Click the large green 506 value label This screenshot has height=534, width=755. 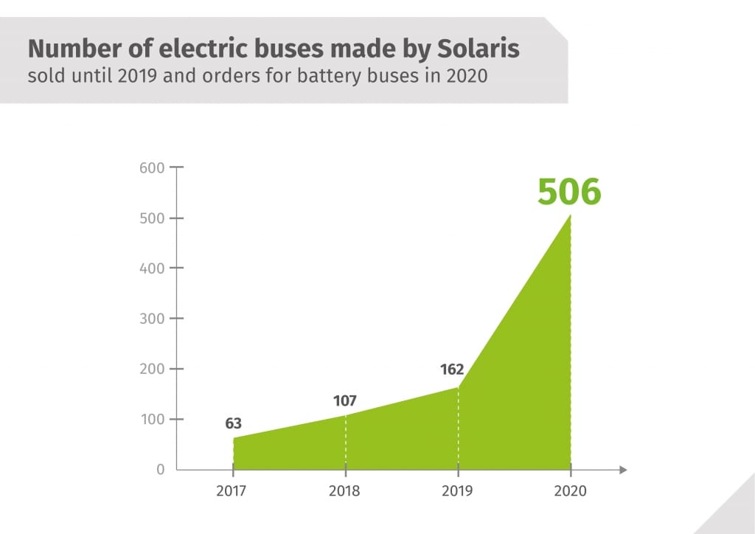click(569, 191)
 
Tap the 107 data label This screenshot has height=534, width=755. click(344, 401)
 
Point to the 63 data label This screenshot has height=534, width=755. click(234, 424)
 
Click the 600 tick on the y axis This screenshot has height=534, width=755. click(151, 167)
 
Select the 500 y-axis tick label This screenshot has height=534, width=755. click(151, 218)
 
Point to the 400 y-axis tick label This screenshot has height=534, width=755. click(151, 268)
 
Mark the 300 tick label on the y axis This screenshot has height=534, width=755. click(151, 319)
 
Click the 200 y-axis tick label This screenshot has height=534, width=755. click(151, 369)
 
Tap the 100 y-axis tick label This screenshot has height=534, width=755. click(151, 419)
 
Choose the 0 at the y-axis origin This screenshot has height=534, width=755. click(160, 469)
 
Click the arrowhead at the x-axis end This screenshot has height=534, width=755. click(623, 469)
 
